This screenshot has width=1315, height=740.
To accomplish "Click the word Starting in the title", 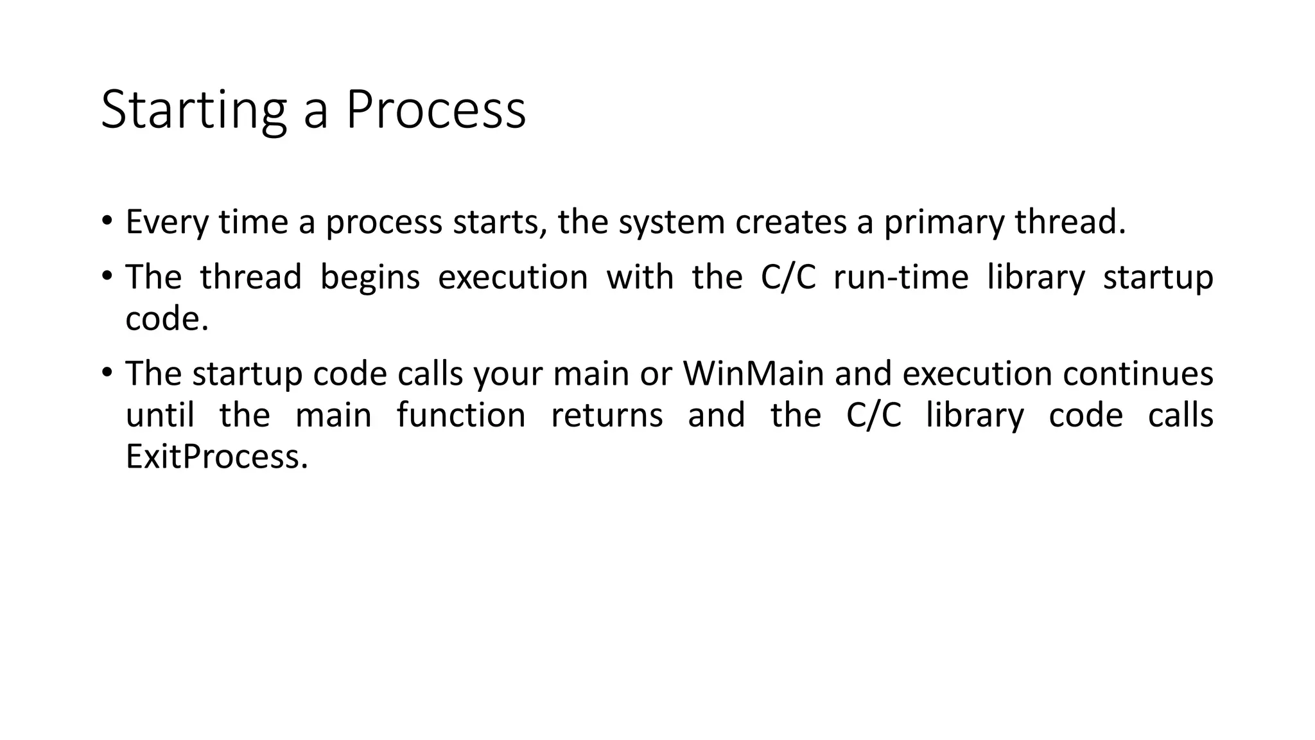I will point(193,110).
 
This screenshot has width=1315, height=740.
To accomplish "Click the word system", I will point(671,222).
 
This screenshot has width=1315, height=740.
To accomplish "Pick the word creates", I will point(790,222).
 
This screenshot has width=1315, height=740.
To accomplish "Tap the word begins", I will point(370,277).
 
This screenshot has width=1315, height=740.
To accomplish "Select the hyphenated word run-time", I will point(901,277).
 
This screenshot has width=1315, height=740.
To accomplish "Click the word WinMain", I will point(753,374).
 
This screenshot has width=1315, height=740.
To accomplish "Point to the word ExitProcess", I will point(216,457).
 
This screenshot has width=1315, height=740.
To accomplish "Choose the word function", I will point(461,415).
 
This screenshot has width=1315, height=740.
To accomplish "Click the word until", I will point(160,415).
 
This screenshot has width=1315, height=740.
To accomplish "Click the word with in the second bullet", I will point(640,277).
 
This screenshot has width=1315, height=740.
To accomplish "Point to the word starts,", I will point(500,222).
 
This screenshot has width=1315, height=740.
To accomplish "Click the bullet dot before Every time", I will point(107,220).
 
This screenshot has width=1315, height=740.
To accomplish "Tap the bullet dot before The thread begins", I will point(107,276).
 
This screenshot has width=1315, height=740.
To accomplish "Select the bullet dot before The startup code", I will point(107,372).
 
